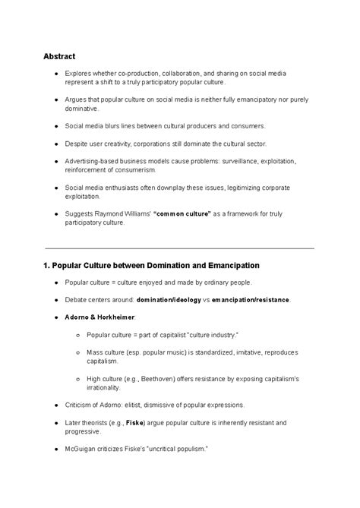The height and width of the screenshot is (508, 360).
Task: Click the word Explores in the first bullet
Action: point(78,74)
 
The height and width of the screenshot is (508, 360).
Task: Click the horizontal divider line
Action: point(180,248)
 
